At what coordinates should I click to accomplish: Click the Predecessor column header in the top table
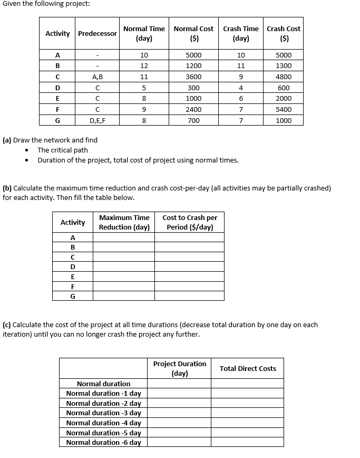(x=97, y=33)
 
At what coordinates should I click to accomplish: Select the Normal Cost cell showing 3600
(x=193, y=77)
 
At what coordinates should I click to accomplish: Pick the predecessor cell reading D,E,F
(x=97, y=121)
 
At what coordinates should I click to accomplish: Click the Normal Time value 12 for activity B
(x=144, y=66)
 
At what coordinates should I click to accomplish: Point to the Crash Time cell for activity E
(x=240, y=99)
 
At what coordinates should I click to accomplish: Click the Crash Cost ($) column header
(x=284, y=33)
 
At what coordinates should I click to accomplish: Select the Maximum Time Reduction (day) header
(x=124, y=222)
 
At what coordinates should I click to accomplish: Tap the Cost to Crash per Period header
(x=190, y=222)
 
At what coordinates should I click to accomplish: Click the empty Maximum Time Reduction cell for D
(x=124, y=266)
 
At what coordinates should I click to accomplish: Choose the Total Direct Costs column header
(x=248, y=368)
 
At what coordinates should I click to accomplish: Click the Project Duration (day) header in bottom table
(x=180, y=368)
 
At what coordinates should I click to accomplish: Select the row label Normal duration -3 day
(x=103, y=413)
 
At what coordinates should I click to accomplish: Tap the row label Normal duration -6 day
(x=103, y=443)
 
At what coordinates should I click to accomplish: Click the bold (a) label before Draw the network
(x=7, y=140)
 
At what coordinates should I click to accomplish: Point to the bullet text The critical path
(x=62, y=150)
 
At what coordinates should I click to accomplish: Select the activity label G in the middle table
(x=73, y=296)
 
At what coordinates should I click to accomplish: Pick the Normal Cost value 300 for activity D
(x=193, y=88)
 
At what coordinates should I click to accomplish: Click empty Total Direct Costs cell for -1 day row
(x=248, y=394)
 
